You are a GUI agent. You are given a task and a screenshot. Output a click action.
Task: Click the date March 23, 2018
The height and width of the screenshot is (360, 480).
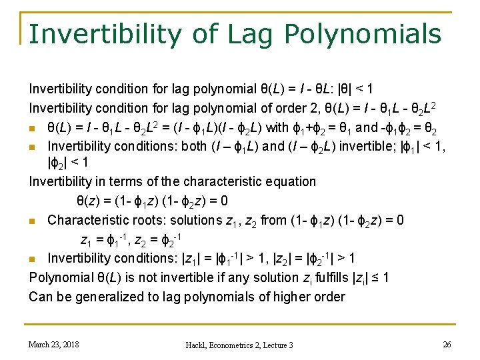tap(53, 344)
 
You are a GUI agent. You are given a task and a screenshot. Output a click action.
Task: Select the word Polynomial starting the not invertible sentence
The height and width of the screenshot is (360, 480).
tap(58, 277)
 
